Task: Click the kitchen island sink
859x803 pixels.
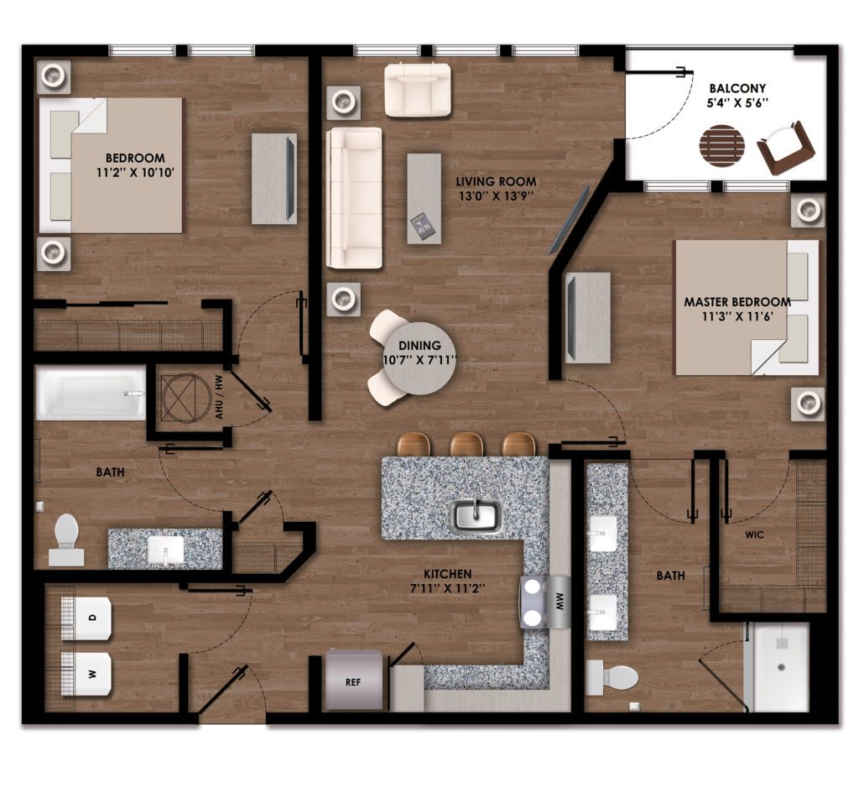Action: coord(475,516)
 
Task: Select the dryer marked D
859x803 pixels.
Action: coord(86,618)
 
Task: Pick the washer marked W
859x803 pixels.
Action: coord(86,674)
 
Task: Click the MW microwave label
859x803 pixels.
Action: coord(560,603)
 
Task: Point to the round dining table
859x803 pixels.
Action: coord(419,359)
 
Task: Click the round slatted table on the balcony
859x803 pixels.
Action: coord(722,146)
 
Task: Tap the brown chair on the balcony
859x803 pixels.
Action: coord(785,149)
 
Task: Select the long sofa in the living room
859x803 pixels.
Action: coord(354,198)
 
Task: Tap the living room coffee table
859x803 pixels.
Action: coord(424,198)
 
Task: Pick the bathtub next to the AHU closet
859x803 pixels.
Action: coord(91,393)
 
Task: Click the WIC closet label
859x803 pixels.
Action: coord(754,534)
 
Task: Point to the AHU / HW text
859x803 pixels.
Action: coord(220,398)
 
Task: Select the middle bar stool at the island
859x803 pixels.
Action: coord(466,444)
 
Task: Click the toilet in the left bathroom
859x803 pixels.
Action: coord(67,540)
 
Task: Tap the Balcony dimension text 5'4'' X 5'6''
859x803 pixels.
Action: coord(738,102)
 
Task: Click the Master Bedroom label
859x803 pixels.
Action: coord(737,302)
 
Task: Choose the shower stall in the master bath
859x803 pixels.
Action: coord(777,667)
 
